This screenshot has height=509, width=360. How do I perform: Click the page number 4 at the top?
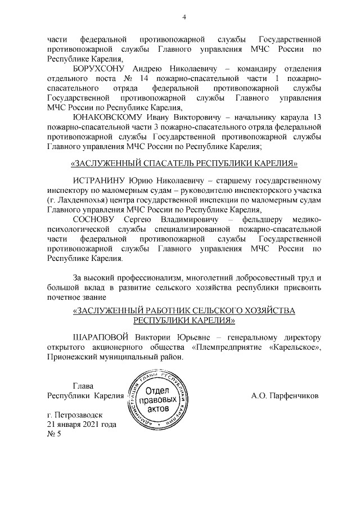pos(184,17)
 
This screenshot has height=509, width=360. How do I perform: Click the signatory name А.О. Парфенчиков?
pos(285,395)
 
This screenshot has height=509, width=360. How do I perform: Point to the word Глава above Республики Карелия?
pos(84,386)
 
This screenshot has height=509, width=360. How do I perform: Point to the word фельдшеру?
pos(266,218)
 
